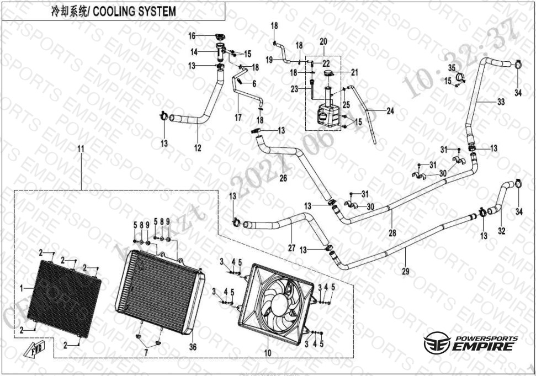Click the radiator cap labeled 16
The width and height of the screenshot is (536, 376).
(x=219, y=38)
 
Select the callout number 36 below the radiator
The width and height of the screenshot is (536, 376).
(x=192, y=347)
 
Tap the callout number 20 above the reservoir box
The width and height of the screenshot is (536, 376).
(x=323, y=42)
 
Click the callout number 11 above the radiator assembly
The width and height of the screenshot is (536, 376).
(x=81, y=150)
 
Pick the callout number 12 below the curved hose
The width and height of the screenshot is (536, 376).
(x=198, y=147)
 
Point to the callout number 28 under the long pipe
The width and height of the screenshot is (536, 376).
(x=392, y=233)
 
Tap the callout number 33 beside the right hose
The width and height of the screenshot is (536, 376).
(x=501, y=102)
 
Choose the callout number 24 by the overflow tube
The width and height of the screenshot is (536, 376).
(x=390, y=111)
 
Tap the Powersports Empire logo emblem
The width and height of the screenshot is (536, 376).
(x=433, y=344)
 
